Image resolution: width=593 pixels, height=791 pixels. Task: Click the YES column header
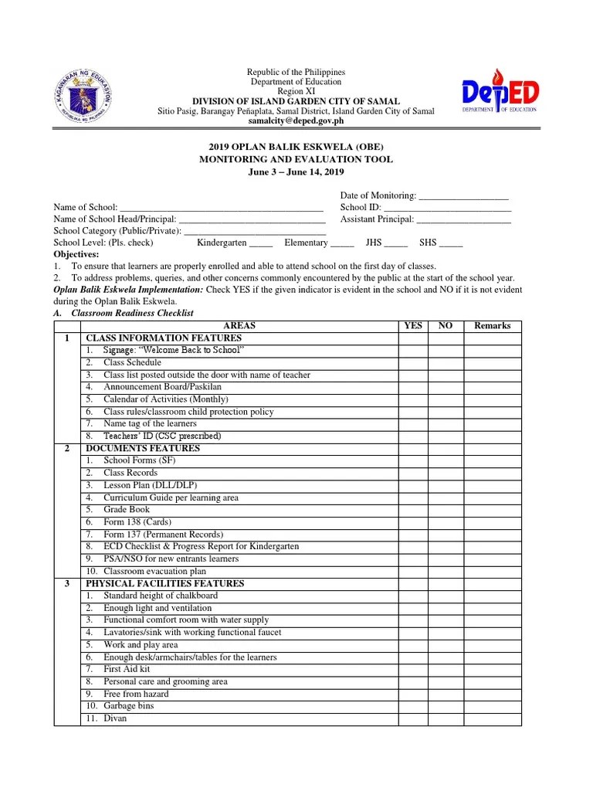[413, 326]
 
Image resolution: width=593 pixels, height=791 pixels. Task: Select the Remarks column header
[492, 326]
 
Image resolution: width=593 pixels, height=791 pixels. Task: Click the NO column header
[446, 326]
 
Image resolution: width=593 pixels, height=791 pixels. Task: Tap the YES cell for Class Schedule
[413, 362]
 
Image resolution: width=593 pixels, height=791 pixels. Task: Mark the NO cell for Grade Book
[446, 510]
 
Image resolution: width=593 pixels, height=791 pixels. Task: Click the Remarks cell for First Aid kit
[492, 670]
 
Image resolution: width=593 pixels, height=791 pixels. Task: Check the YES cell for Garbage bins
[413, 706]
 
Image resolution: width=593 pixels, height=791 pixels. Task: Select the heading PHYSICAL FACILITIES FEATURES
[164, 583]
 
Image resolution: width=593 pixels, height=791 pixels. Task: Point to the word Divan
[115, 718]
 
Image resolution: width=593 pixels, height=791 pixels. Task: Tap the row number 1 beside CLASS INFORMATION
[67, 338]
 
